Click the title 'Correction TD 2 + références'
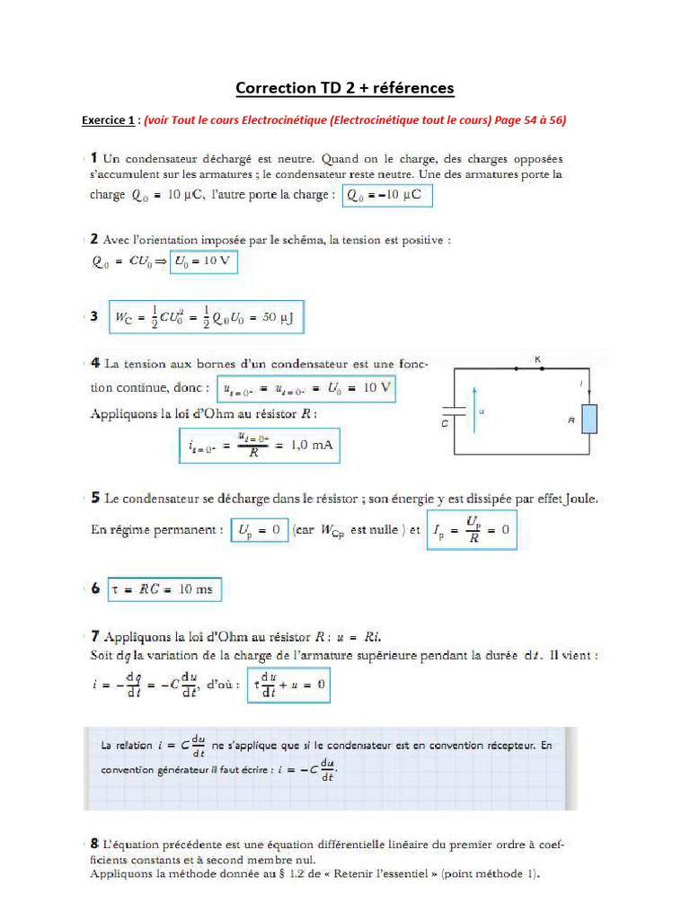coord(345,88)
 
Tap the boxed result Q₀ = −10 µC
coord(387,195)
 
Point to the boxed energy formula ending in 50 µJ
coord(205,317)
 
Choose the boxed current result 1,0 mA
coord(259,446)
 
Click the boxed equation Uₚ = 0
coord(260,530)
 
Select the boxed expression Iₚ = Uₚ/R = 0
coord(471,530)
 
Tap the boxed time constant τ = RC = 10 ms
coord(163,589)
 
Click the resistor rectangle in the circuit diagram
coord(589,420)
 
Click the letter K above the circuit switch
coord(538,358)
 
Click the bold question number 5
coord(95,498)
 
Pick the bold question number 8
coord(94,844)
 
